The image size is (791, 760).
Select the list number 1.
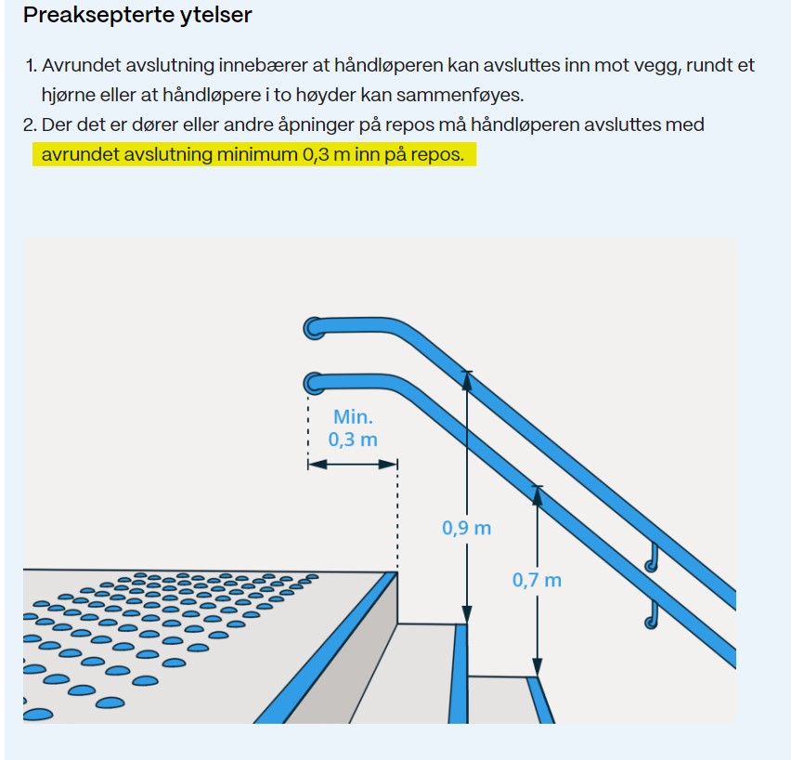(x=32, y=66)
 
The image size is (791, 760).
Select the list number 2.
(x=30, y=124)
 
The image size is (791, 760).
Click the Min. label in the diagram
(x=353, y=417)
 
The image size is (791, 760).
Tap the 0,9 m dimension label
(x=467, y=529)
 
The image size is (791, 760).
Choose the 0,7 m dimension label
(x=537, y=581)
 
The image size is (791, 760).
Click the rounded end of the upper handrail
(x=314, y=328)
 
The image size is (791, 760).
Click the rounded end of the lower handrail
(x=314, y=384)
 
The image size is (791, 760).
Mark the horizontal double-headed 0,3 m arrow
(x=353, y=464)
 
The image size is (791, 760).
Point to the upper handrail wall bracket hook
(x=652, y=558)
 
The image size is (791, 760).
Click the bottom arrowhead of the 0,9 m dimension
(x=467, y=614)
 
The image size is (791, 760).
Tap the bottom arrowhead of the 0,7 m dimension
(x=538, y=666)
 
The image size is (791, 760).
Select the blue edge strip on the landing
(x=326, y=648)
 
